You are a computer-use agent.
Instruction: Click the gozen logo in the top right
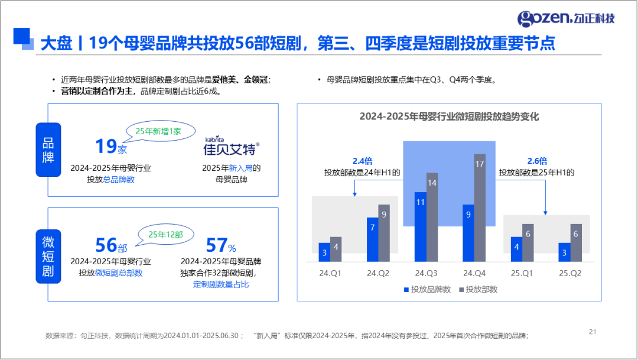(565, 18)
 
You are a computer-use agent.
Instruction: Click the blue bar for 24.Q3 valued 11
(420, 226)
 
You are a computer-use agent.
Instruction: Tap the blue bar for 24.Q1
(324, 252)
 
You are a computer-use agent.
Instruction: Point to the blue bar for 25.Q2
(564, 252)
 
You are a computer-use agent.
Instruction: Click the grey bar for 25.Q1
(528, 242)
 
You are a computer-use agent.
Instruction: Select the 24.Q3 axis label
(426, 273)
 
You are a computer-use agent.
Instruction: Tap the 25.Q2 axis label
(570, 273)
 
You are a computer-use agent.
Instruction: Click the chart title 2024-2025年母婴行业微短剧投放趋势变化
(449, 116)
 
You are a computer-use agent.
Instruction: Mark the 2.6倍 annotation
(537, 160)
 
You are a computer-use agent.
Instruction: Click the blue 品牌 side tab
(48, 150)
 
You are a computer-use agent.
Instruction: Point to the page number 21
(593, 332)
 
